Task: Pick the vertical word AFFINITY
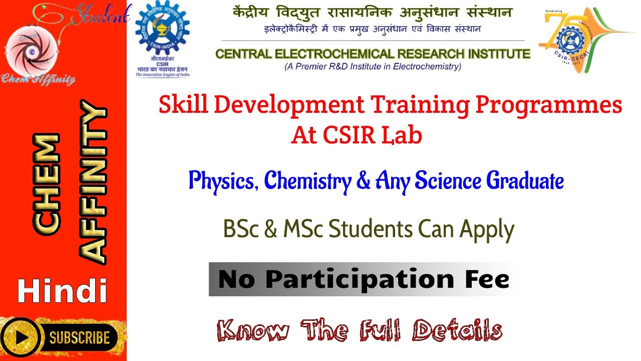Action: (x=93, y=183)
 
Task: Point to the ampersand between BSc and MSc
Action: (x=270, y=230)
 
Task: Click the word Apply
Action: (x=487, y=230)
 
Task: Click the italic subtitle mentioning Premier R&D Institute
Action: (x=373, y=66)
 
